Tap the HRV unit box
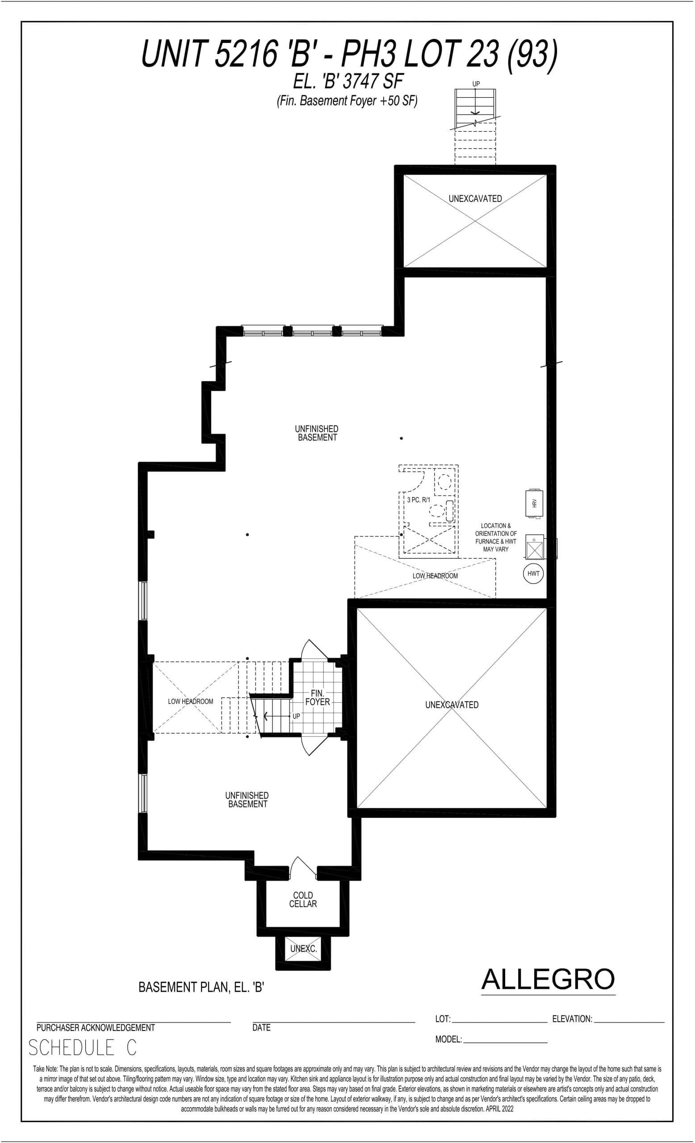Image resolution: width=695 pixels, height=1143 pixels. point(534,503)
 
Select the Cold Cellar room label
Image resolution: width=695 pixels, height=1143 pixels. point(303,900)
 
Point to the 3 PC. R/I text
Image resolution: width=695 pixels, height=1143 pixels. point(419,500)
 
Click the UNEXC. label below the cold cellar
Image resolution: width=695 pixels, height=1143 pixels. point(303,949)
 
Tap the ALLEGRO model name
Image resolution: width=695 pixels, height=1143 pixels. point(548,979)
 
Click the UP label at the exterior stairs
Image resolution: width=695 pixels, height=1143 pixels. point(476,84)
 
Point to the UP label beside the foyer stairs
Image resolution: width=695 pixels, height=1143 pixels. point(296,716)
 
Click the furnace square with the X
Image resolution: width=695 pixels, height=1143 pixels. point(535,551)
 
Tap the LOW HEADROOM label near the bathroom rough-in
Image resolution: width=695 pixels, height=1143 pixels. point(435,576)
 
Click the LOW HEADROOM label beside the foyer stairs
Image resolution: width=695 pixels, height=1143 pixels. point(190,701)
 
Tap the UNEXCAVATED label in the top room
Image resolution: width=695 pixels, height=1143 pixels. point(475,199)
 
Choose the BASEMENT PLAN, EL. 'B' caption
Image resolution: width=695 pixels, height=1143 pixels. point(201,987)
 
